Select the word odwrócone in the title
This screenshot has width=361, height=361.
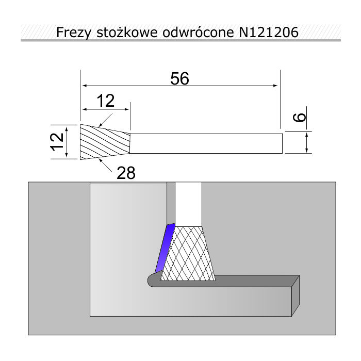coord(198,32)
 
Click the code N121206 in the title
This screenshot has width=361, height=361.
coord(269,32)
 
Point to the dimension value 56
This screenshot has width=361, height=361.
coord(179,78)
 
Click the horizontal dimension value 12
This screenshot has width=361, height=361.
coord(105,101)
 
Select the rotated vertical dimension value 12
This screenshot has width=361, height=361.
coord(57,142)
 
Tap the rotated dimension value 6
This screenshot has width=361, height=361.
coord(299,118)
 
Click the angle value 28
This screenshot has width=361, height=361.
coord(126,173)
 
